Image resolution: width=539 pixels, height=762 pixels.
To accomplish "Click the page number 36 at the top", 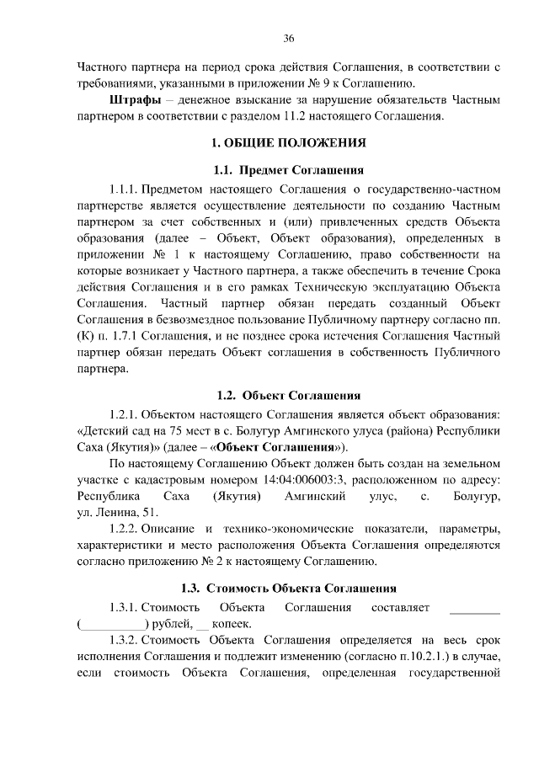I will point(289,39).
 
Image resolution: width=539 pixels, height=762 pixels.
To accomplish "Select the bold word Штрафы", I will point(132,100).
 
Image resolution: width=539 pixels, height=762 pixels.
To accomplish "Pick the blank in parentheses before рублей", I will point(113,624).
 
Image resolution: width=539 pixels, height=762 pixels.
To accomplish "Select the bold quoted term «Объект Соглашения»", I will point(275,446).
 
